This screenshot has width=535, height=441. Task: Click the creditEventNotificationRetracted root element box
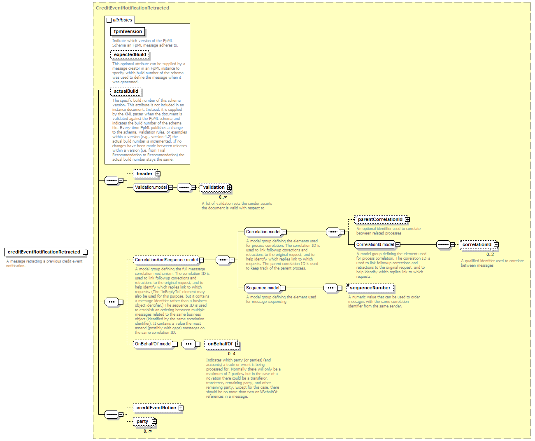[x=44, y=252]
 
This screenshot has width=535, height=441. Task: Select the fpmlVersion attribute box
[x=128, y=31]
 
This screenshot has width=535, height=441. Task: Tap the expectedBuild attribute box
[x=130, y=55]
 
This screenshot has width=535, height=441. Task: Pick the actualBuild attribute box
[x=126, y=91]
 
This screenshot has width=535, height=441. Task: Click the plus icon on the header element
[x=158, y=174]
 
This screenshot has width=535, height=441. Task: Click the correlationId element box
[x=478, y=244]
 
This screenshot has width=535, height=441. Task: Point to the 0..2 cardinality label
[x=490, y=254]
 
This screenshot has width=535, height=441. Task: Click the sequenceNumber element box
[x=370, y=288]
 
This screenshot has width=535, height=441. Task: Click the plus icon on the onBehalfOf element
[x=237, y=344]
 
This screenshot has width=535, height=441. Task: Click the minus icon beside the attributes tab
[x=109, y=20]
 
